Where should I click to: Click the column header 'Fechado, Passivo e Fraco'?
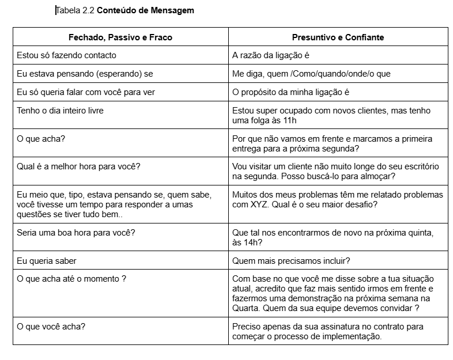coord(120,37)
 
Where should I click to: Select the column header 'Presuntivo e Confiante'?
coord(338,37)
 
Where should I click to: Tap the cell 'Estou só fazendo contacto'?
coord(67,55)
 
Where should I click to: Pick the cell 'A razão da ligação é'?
coord(271,55)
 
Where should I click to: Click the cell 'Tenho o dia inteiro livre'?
coord(61,111)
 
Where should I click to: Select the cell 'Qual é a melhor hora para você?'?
coord(79,166)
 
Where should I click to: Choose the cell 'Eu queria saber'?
coord(47,261)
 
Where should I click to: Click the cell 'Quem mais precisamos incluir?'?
coord(292,261)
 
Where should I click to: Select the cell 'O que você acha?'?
coord(51,327)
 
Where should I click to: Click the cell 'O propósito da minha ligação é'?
coord(291,92)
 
